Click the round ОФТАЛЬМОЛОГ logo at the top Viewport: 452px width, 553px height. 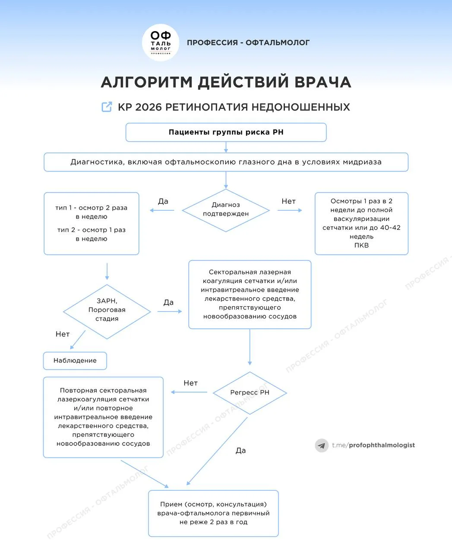[161, 42]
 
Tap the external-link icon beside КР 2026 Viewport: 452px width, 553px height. [107, 107]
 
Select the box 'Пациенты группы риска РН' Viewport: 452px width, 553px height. [226, 132]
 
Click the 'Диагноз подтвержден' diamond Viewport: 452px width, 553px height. [226, 210]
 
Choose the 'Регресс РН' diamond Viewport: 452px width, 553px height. [250, 393]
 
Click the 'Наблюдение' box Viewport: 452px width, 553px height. [75, 361]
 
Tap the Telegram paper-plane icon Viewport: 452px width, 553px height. [322, 445]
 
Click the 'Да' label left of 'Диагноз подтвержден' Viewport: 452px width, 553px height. [163, 201]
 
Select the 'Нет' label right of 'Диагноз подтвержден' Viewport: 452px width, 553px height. [288, 201]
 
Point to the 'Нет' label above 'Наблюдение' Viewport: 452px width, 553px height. [63, 334]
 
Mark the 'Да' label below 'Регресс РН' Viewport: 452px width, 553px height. [240, 451]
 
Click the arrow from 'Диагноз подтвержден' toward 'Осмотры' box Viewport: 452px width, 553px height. [290, 210]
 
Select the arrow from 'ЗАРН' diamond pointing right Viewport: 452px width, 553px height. [170, 311]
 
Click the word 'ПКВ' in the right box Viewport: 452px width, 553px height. [361, 245]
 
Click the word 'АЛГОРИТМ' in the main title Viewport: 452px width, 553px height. [147, 82]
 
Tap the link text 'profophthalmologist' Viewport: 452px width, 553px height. [382, 445]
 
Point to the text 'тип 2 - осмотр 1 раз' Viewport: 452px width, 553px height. [92, 230]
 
